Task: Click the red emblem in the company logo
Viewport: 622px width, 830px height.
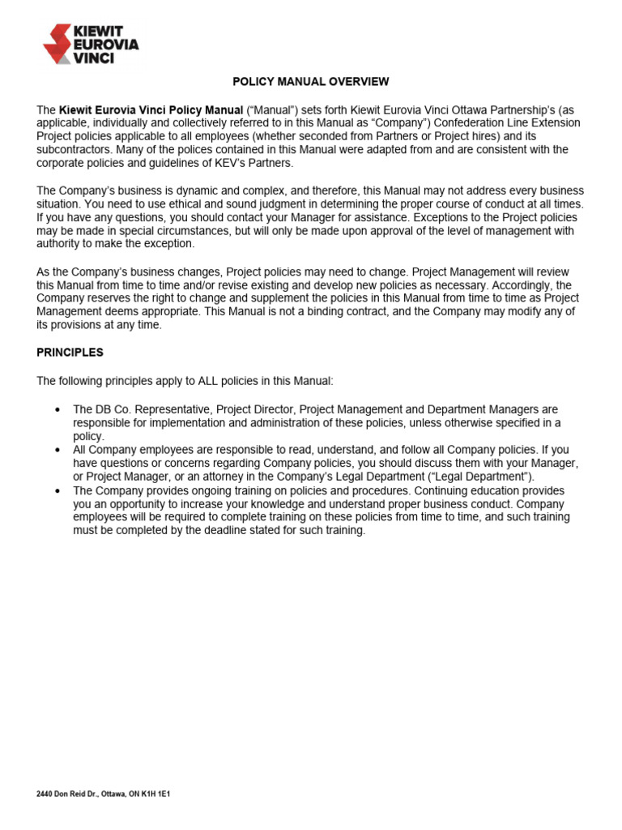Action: point(57,45)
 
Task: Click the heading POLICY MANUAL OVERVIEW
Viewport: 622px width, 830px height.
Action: point(311,82)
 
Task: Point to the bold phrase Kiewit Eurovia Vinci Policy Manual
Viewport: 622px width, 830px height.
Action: point(151,109)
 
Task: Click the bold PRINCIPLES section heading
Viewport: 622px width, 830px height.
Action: point(70,353)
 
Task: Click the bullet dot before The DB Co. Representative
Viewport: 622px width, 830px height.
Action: point(57,410)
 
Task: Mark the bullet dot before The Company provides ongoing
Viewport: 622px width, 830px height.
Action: point(57,491)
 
